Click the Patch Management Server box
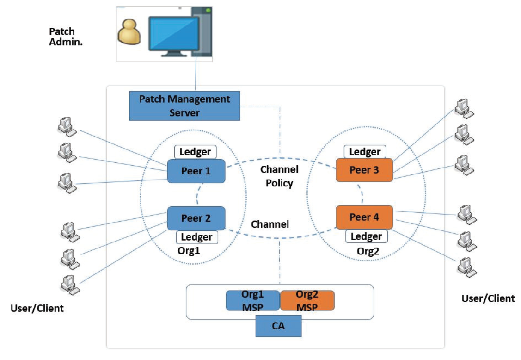(185, 106)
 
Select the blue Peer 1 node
(196, 171)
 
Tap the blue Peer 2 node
(196, 218)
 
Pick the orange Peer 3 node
(364, 170)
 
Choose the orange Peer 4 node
(364, 217)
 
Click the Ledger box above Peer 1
(196, 151)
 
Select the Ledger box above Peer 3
(365, 151)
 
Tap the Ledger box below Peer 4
(367, 236)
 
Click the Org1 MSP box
(252, 301)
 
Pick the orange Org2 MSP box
(307, 301)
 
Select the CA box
(278, 326)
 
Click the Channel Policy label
(279, 176)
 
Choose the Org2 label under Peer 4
(368, 251)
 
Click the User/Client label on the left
(37, 308)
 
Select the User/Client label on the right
(488, 298)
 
